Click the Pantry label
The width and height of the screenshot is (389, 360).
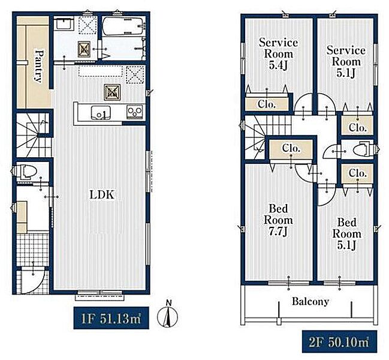tap(38, 66)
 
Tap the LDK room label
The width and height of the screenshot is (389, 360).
tap(102, 195)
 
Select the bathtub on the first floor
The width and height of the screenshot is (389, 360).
tap(122, 26)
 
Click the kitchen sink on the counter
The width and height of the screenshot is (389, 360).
tap(101, 112)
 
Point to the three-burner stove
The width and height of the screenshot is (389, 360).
tap(135, 112)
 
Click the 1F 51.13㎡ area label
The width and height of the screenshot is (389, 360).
tap(111, 318)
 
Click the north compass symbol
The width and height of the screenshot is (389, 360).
tap(168, 316)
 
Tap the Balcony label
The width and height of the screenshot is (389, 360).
tap(310, 301)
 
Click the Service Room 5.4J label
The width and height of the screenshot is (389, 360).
tap(278, 54)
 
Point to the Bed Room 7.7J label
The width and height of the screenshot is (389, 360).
tap(278, 220)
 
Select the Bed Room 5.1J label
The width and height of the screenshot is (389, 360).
tap(346, 233)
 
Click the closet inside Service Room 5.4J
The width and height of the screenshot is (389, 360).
tap(267, 104)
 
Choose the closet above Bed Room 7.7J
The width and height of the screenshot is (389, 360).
tap(291, 149)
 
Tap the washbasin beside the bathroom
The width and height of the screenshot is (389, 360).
tap(64, 24)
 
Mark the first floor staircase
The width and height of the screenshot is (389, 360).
tap(34, 134)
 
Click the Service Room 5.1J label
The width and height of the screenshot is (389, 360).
tap(346, 61)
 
